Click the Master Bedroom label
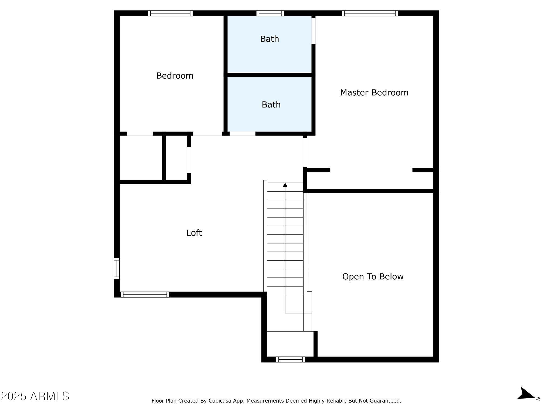374,93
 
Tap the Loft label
194,233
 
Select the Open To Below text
373,276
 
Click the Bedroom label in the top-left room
175,76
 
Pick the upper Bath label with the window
269,39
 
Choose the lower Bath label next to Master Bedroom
271,105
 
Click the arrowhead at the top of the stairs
285,185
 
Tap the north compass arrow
525,401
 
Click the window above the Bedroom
170,13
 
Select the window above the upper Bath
270,13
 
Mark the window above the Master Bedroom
370,13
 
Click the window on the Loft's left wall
117,269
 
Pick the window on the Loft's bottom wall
145,294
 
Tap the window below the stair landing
290,359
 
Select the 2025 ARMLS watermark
35,396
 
